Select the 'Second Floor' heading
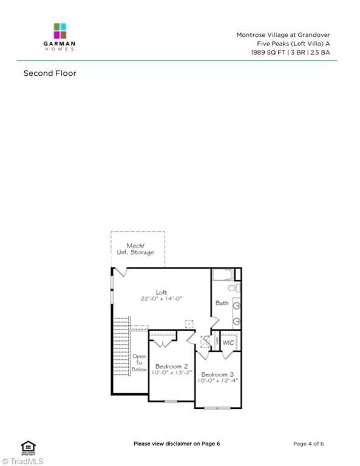tap(50, 73)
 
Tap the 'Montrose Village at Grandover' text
tap(283, 35)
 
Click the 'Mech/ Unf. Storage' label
tap(140, 249)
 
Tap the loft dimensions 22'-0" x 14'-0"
tap(161, 299)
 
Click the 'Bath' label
tap(222, 303)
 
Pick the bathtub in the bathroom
tap(222, 274)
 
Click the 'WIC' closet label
tap(228, 343)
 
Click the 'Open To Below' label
tap(139, 363)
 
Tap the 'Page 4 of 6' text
tap(308, 444)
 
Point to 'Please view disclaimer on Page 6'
tap(177, 444)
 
